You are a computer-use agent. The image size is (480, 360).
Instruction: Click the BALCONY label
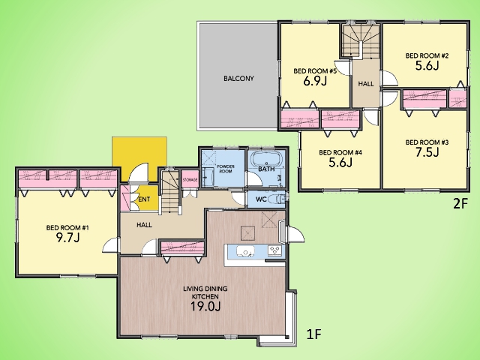238,78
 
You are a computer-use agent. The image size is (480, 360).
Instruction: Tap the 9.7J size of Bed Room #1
67,237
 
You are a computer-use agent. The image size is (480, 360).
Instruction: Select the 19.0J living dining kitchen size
205,306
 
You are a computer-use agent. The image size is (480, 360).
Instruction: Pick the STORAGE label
190,180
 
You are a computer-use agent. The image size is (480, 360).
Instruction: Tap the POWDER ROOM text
226,169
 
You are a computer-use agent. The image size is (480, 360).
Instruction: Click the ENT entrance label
144,199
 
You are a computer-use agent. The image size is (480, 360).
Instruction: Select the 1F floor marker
313,334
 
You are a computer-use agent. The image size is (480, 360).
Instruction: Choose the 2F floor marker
460,203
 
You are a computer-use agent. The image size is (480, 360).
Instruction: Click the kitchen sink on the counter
245,250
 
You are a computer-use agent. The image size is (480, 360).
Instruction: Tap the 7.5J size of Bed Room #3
427,152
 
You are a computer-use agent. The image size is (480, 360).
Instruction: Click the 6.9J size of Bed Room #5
315,81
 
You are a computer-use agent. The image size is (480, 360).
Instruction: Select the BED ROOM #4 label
340,152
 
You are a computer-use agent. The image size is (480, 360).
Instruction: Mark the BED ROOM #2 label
427,55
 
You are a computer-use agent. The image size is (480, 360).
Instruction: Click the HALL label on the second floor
366,83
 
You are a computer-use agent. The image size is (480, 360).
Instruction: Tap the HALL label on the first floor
144,225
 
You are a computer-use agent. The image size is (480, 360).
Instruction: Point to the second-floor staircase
361,41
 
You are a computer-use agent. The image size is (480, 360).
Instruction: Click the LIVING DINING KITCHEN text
205,292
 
